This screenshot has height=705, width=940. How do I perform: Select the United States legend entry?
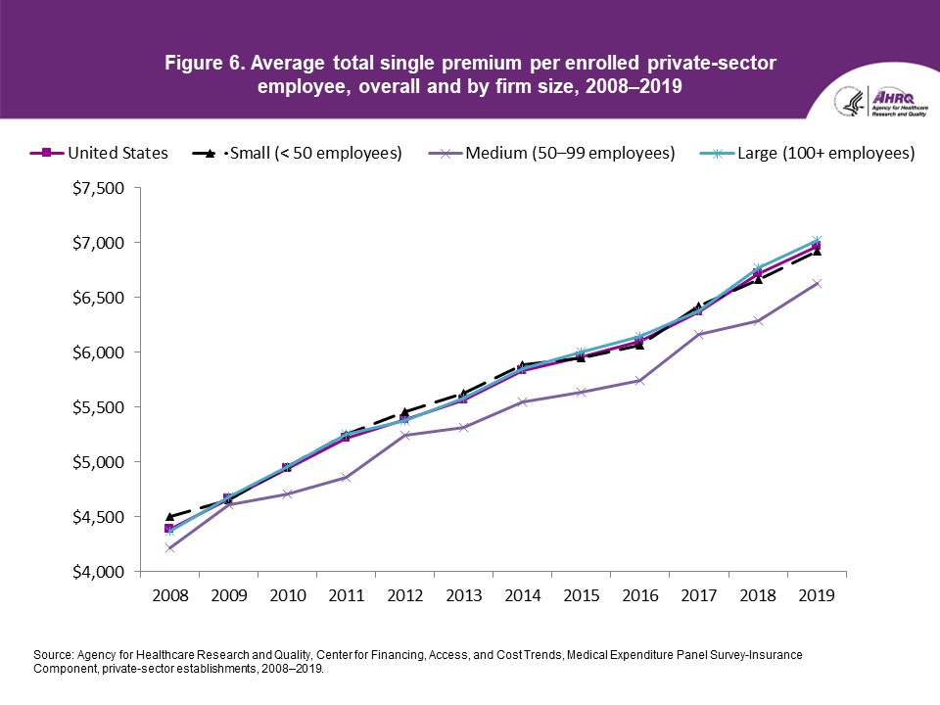pos(102,154)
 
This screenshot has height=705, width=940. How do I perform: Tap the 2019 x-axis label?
pos(816,595)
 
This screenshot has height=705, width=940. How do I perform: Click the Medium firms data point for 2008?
pos(169,548)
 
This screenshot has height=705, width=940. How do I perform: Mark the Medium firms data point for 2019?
pos(816,284)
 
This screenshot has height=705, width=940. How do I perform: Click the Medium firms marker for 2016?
pos(639,381)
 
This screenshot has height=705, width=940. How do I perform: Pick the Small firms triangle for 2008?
pos(169,516)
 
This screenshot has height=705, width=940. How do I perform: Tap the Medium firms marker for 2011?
pos(346,478)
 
